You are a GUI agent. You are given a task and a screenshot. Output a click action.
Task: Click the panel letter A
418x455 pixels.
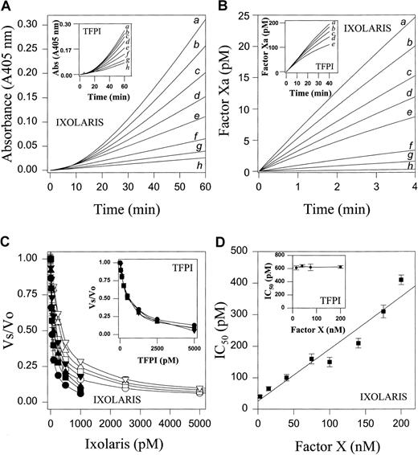coord(7,7)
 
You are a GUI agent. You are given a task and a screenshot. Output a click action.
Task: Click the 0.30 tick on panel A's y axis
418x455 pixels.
coord(31,16)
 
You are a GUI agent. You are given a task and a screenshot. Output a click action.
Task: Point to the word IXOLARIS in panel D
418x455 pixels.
coord(373,396)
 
